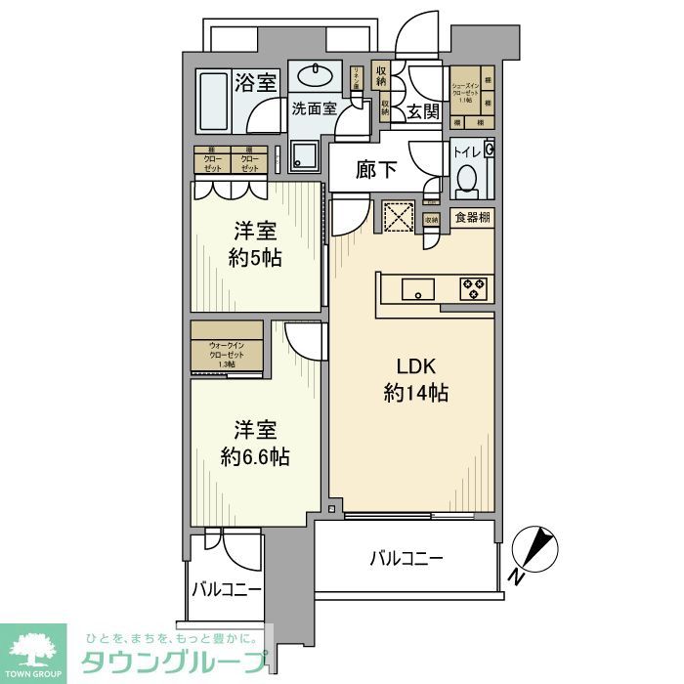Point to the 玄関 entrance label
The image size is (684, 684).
(422, 110)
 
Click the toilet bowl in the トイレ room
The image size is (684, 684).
(467, 180)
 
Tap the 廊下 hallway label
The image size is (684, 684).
(375, 170)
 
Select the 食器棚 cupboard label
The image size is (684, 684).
(471, 219)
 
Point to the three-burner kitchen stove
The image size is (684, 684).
(476, 289)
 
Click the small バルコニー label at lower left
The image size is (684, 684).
(226, 590)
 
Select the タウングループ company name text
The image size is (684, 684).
(172, 663)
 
